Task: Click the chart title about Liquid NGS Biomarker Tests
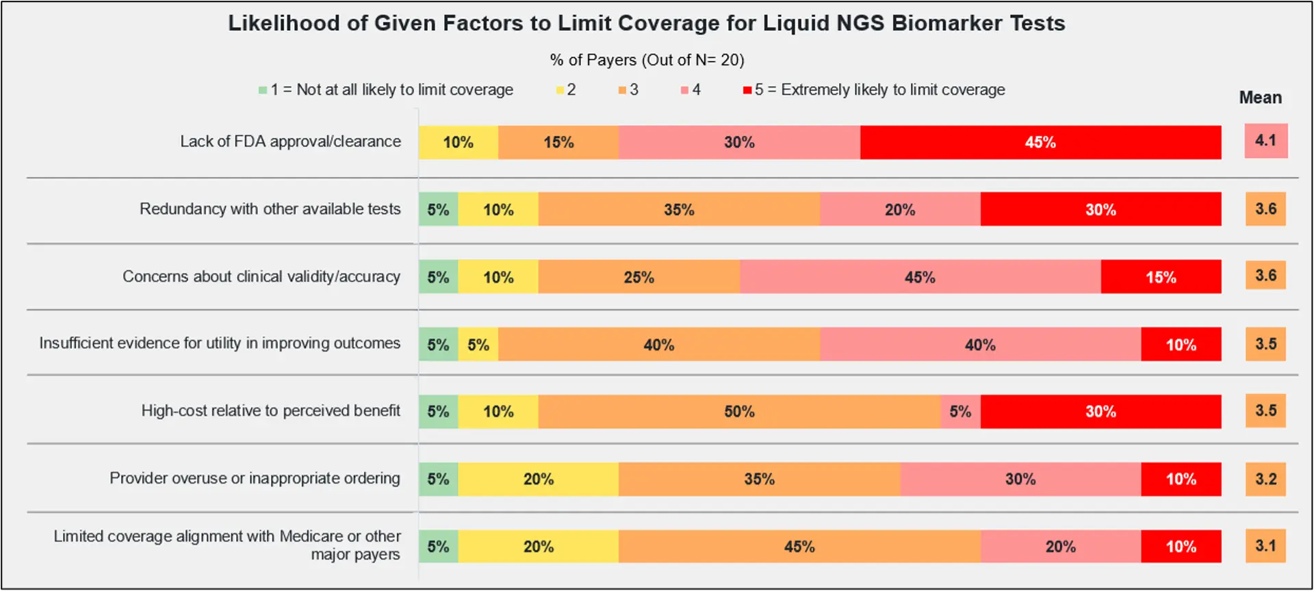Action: coord(646,23)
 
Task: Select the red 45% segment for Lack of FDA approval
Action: coord(1040,142)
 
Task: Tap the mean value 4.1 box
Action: coord(1265,141)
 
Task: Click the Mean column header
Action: coord(1260,98)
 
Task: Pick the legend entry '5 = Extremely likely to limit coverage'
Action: coord(873,90)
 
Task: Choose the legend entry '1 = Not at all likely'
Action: coord(385,90)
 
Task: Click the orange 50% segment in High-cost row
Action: coord(739,412)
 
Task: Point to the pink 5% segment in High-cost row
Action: coord(960,412)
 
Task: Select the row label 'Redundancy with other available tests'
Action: coord(270,209)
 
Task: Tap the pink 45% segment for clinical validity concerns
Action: coord(920,277)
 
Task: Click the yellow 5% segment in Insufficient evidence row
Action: coord(478,345)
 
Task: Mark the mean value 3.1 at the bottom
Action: coord(1265,546)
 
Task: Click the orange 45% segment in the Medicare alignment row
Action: coord(799,547)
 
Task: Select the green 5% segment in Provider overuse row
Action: coord(438,480)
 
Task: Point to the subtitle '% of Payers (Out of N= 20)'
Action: coord(647,60)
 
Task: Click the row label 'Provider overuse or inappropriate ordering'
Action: coord(255,479)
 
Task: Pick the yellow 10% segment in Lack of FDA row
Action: coord(458,142)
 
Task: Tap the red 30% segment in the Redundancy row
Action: coord(1100,209)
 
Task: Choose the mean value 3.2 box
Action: coord(1265,479)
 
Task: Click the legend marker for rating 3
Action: coord(622,90)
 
